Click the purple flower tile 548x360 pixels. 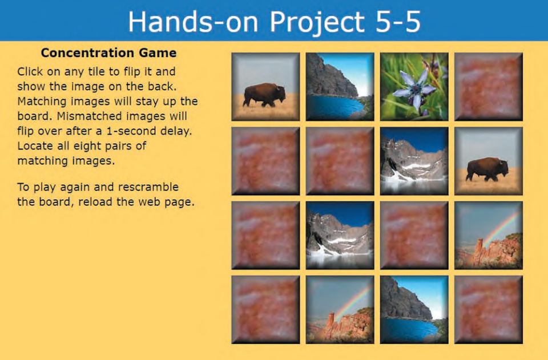pyautogui.click(x=414, y=87)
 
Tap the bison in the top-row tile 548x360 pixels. pyautogui.click(x=264, y=94)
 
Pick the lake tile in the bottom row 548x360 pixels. pyautogui.click(x=414, y=309)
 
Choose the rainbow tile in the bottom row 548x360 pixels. pyautogui.click(x=340, y=309)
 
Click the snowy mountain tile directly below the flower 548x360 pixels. pyautogui.click(x=414, y=161)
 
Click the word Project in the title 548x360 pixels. pyautogui.click(x=317, y=21)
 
